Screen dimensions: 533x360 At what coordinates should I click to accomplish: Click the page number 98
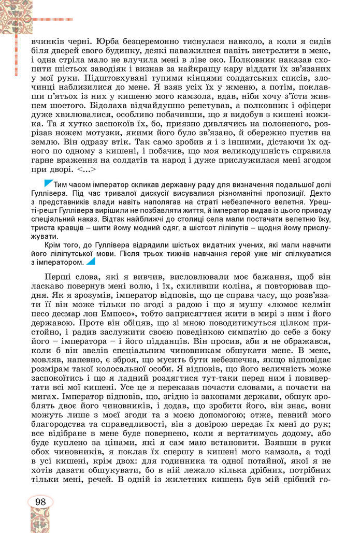coord(41,501)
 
